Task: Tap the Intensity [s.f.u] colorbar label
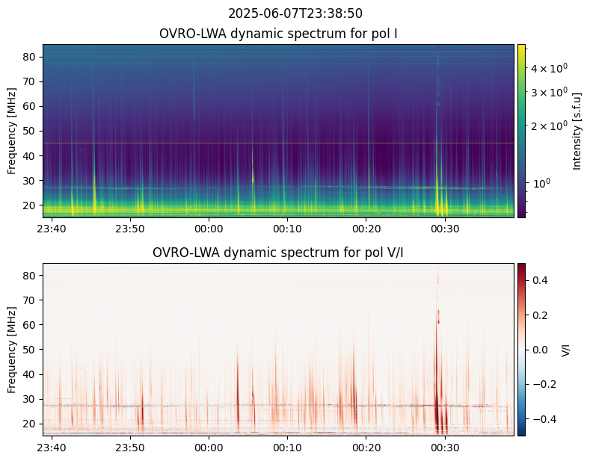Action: click(x=577, y=131)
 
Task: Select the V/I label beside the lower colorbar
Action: click(x=565, y=349)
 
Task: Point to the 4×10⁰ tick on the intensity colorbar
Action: click(x=550, y=67)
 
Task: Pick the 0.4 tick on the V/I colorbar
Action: click(x=540, y=280)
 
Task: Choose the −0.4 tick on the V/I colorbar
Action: click(x=543, y=418)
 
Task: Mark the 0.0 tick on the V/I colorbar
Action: click(x=540, y=349)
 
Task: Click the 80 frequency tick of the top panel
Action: click(x=31, y=57)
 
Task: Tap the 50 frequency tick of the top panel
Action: click(x=31, y=131)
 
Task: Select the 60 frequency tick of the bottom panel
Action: click(x=31, y=325)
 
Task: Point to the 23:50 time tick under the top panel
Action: click(x=130, y=228)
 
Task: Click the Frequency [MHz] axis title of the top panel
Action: click(x=12, y=131)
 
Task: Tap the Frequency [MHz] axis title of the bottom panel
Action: click(x=12, y=349)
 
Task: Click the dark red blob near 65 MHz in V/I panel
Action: click(x=438, y=315)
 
